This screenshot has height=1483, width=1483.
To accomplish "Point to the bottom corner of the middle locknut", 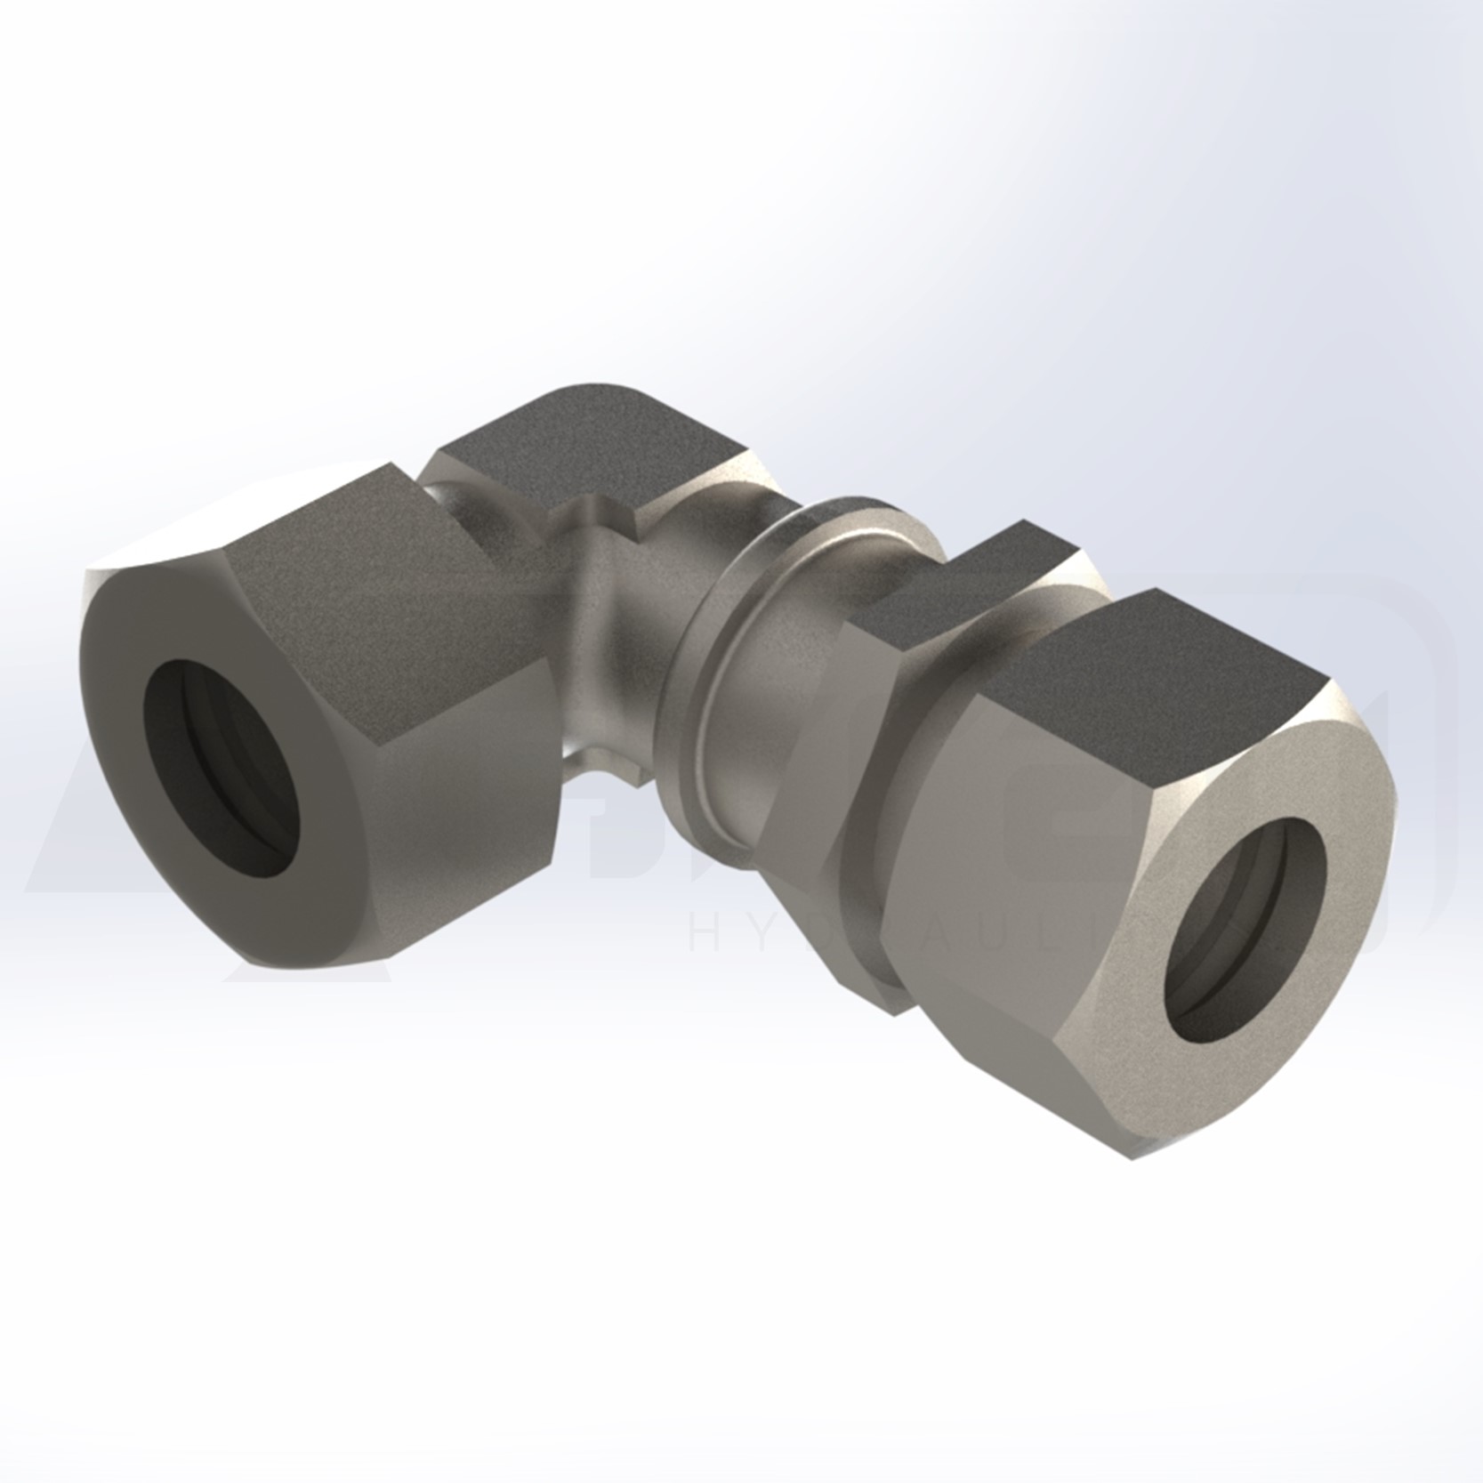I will point(894,1005).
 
